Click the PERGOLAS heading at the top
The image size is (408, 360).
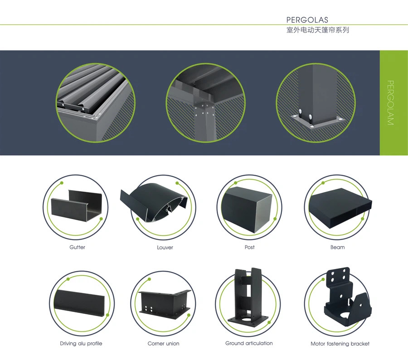307,20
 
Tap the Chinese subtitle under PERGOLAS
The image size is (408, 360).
317,30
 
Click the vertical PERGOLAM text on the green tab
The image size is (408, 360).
390,103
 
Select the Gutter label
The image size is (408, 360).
77,247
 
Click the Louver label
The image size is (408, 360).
165,247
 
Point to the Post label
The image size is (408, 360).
249,247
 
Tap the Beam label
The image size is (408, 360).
337,247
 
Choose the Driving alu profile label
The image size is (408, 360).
81,344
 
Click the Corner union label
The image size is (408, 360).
163,344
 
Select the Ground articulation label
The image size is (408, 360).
249,343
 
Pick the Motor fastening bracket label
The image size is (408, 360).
340,344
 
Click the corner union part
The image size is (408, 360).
165,302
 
